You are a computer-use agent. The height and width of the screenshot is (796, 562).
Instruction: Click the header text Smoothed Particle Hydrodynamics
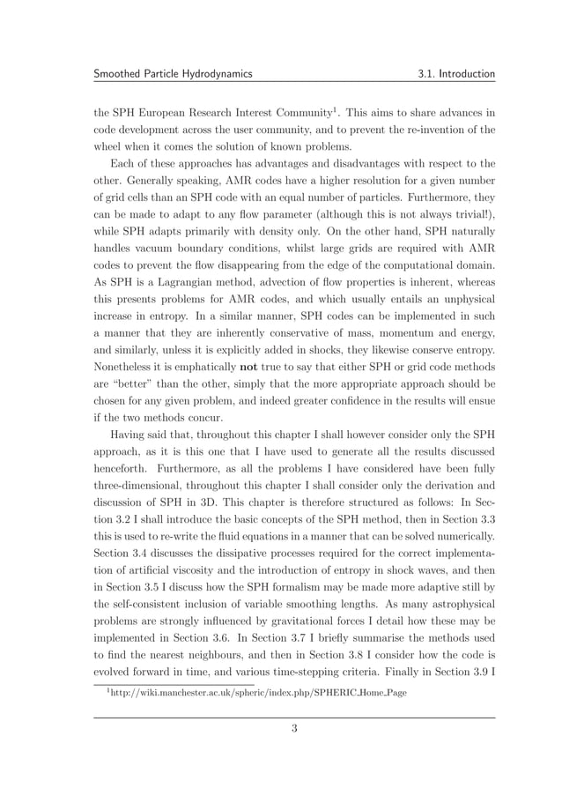click(174, 74)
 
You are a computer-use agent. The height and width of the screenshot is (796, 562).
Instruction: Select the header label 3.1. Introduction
click(456, 74)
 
